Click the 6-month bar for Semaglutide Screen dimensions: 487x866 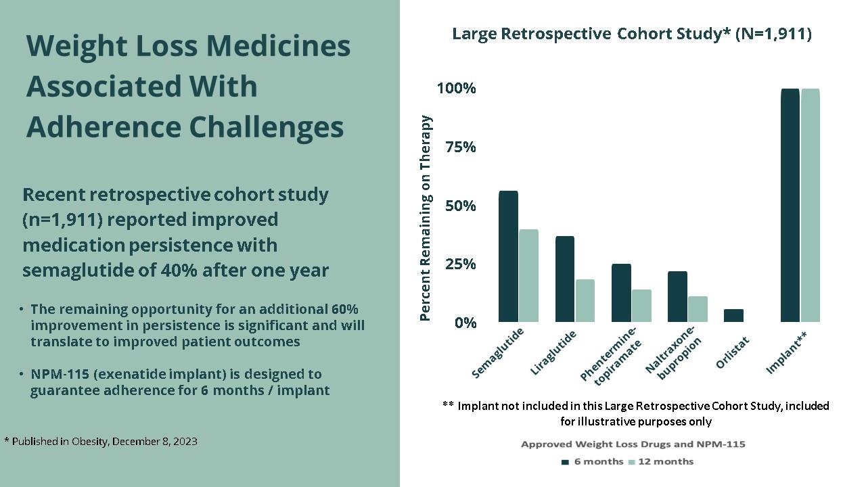(508, 256)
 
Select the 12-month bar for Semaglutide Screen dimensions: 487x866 (528, 276)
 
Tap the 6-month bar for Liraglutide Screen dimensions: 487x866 (564, 279)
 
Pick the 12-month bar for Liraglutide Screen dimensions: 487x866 (585, 300)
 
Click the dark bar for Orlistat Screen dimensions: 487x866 (733, 315)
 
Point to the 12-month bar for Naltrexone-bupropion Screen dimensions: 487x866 (698, 309)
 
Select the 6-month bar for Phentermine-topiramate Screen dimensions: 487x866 (621, 293)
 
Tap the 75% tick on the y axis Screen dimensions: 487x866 (461, 147)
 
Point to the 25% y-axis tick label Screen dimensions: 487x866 (461, 264)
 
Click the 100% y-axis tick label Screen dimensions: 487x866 (457, 89)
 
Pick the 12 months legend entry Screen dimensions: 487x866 (661, 461)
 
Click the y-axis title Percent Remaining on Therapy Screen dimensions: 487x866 (426, 218)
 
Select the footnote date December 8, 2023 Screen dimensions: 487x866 (154, 442)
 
